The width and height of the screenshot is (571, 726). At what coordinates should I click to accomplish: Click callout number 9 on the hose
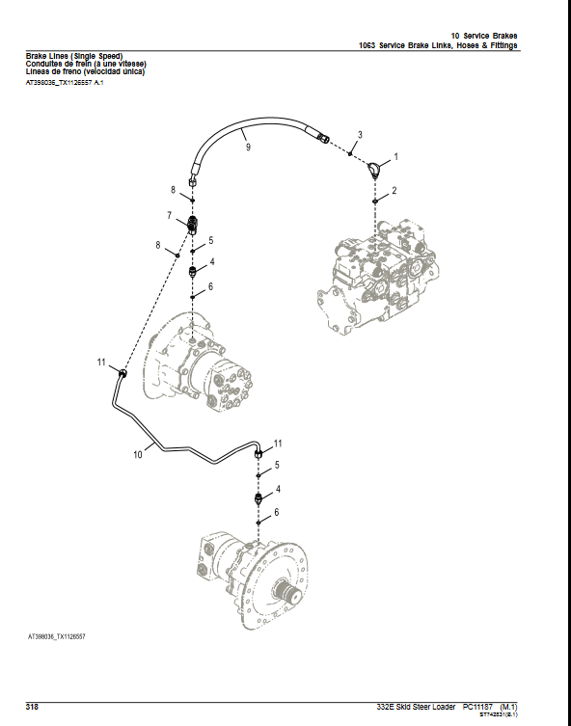(248, 148)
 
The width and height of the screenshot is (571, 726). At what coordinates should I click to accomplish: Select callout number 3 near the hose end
(360, 135)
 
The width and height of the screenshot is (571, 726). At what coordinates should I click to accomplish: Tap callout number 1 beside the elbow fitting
(395, 155)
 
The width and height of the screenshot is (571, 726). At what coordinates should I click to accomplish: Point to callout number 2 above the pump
(394, 191)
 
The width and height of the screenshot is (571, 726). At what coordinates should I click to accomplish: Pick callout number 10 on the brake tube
(137, 451)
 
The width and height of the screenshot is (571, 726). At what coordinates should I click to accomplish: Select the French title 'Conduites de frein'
(86, 65)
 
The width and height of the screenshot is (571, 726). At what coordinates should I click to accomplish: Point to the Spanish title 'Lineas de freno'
(85, 72)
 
